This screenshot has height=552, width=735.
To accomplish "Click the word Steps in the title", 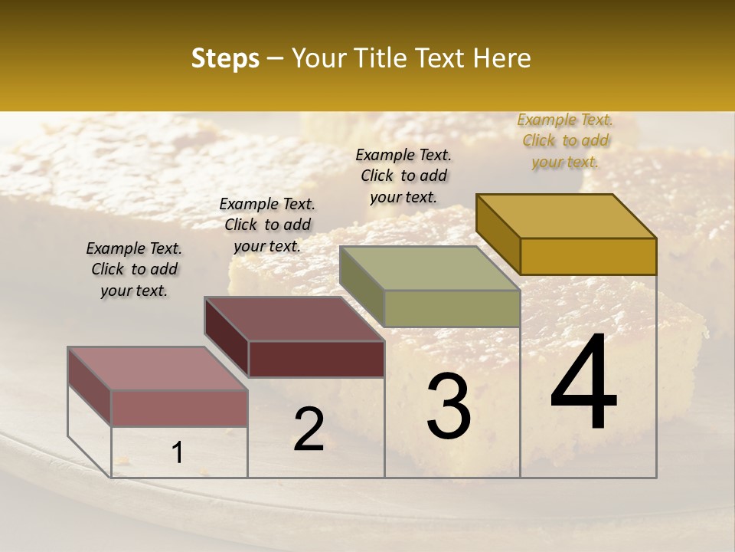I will tap(225, 58).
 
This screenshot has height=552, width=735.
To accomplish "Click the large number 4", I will tap(583, 383).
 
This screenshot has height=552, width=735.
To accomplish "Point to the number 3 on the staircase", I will tap(448, 406).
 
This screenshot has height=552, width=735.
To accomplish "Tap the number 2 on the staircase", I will tap(309, 429).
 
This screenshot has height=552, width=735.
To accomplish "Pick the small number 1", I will tap(177, 453).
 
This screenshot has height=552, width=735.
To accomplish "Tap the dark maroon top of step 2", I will tap(295, 319).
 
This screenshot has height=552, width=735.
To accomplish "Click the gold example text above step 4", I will tap(565, 141).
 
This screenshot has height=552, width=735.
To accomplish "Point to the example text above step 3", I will tap(403, 176).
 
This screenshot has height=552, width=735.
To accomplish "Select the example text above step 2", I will tap(267, 225).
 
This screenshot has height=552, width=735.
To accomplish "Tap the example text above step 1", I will tap(134, 269).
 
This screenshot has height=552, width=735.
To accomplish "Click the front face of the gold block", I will tap(588, 256).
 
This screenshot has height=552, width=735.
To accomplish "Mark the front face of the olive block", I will tap(452, 308).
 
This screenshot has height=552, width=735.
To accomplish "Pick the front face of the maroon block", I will tap(316, 359).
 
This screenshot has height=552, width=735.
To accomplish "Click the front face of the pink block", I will tap(179, 408).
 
